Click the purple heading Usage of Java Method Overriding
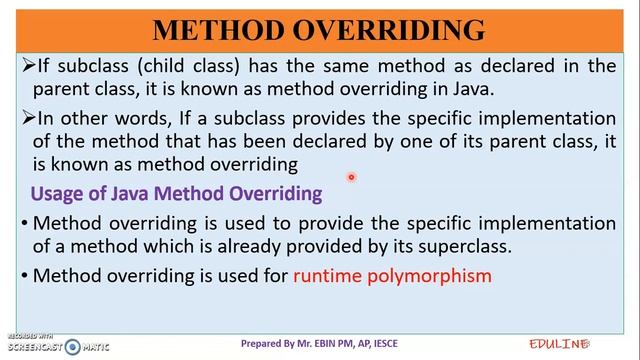point(176,192)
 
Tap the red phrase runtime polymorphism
point(392,274)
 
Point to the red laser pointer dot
point(352,178)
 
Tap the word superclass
point(442,245)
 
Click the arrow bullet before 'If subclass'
point(28,67)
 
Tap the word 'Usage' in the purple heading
point(56,192)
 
